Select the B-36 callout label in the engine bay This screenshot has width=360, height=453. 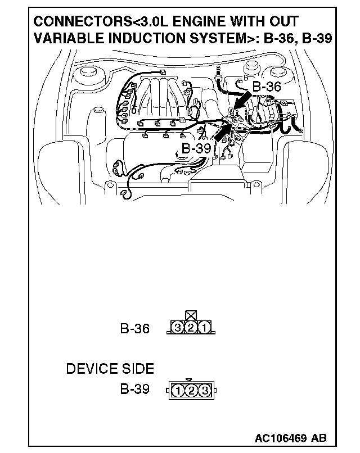[265, 87]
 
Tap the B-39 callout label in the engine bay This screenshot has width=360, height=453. [196, 148]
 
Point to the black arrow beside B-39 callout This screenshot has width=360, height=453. [223, 133]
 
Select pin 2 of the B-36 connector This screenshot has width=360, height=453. [192, 327]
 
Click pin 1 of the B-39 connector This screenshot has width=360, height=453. [178, 390]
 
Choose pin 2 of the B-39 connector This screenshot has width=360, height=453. [192, 390]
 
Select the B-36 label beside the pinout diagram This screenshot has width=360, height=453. [135, 328]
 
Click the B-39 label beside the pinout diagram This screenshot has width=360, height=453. [135, 388]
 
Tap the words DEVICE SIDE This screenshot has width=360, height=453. [110, 369]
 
